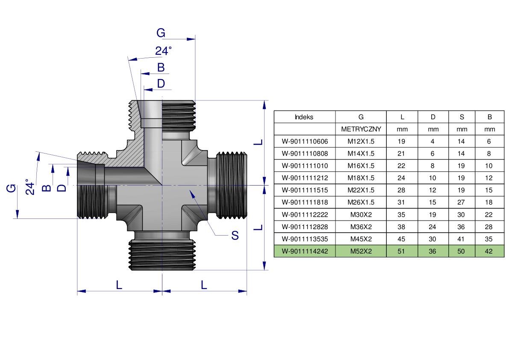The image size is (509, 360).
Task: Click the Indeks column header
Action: pyautogui.click(x=304, y=117)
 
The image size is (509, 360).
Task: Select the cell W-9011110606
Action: pyautogui.click(x=304, y=142)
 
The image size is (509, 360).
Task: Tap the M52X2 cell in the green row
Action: pyautogui.click(x=361, y=251)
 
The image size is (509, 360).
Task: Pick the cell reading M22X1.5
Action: pyautogui.click(x=361, y=190)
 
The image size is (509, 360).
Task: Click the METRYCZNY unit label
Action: pyautogui.click(x=361, y=129)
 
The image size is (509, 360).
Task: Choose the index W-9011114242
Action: pyautogui.click(x=304, y=251)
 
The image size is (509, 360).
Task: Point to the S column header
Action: pyautogui.click(x=462, y=117)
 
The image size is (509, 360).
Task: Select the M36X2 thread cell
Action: pyautogui.click(x=361, y=227)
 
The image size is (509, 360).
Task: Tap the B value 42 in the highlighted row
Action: pyautogui.click(x=489, y=251)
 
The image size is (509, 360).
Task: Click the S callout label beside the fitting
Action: pyautogui.click(x=235, y=235)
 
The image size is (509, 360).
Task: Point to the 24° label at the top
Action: pyautogui.click(x=163, y=51)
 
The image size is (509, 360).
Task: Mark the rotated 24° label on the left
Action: pyautogui.click(x=29, y=187)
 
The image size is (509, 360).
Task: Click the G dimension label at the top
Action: pyautogui.click(x=161, y=33)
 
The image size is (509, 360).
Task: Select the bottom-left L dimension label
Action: pyautogui.click(x=119, y=284)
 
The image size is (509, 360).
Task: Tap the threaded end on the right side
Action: pyautogui.click(x=232, y=185)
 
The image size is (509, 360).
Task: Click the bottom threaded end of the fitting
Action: pyautogui.click(x=162, y=255)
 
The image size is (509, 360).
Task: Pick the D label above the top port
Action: pyautogui.click(x=161, y=83)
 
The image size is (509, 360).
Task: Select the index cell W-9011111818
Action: pyautogui.click(x=304, y=203)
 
